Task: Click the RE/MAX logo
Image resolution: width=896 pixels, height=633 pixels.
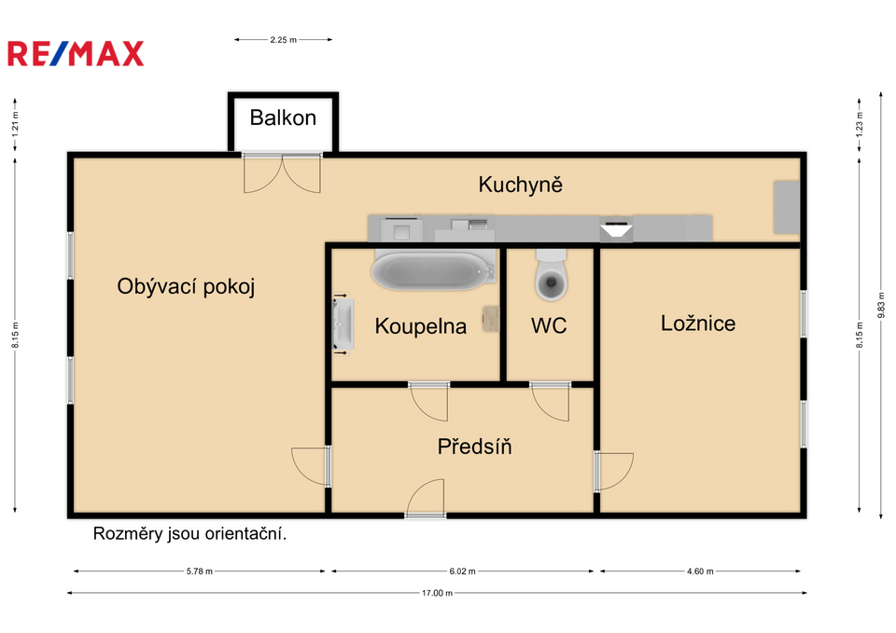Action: point(76,54)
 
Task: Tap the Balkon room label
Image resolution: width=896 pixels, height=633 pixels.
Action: point(283,117)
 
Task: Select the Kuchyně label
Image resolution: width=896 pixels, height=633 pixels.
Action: point(520,185)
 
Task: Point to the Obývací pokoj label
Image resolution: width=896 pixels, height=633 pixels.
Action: point(186,286)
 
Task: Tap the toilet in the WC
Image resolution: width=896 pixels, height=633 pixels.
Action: point(552,274)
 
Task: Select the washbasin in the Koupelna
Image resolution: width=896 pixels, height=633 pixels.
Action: point(343,323)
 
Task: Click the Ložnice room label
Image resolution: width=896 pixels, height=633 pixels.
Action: point(698,323)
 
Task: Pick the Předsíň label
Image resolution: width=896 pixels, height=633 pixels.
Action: point(474,447)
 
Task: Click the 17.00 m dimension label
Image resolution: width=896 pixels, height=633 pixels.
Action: point(437,593)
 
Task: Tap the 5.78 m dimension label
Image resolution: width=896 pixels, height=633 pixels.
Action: point(199,571)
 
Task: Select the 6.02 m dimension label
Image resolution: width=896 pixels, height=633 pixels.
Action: point(462,571)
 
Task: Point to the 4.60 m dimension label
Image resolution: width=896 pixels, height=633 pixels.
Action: point(700,571)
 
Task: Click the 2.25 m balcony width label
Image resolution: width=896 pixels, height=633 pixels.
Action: point(284,40)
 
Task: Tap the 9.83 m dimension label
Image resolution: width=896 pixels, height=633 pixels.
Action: point(880,306)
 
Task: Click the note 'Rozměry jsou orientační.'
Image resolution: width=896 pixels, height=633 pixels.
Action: point(189,533)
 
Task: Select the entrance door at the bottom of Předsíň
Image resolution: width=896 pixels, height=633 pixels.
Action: point(426,500)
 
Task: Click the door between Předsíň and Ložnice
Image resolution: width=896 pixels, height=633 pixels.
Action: point(614,472)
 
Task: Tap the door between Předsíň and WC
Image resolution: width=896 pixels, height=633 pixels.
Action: point(551,402)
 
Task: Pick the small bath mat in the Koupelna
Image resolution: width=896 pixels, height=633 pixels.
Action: point(491,319)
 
